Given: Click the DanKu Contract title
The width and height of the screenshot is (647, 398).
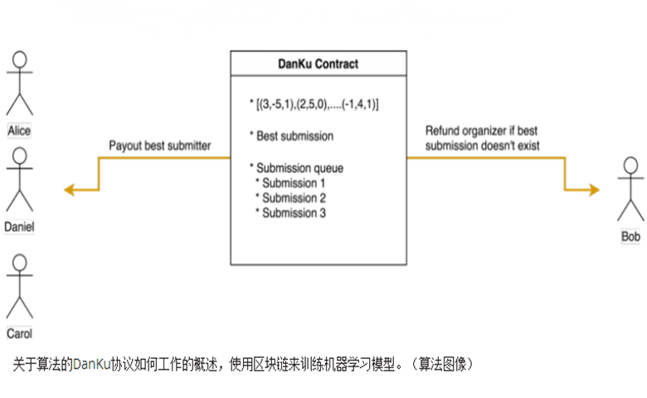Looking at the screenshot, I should point(319,64).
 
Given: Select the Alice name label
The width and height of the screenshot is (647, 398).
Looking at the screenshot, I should point(19,131).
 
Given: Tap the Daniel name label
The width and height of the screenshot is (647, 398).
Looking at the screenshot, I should point(19,226).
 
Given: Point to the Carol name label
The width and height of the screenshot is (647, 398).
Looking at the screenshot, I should point(19,334).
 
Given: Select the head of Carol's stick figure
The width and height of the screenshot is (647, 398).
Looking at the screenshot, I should point(19,263).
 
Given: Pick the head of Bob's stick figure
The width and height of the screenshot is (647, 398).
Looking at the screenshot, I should point(630,165).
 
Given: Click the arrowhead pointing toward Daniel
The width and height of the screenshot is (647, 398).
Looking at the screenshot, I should point(69,190).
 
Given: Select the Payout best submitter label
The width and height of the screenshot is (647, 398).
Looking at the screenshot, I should point(160,146).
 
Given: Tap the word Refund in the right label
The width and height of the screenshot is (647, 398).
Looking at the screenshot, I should point(444,131).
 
